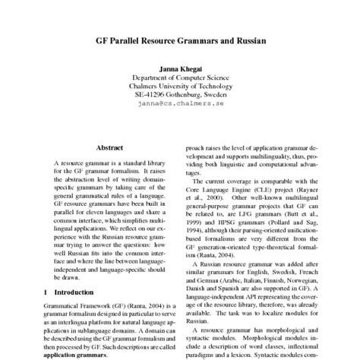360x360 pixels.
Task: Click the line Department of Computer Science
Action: coord(180,78)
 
